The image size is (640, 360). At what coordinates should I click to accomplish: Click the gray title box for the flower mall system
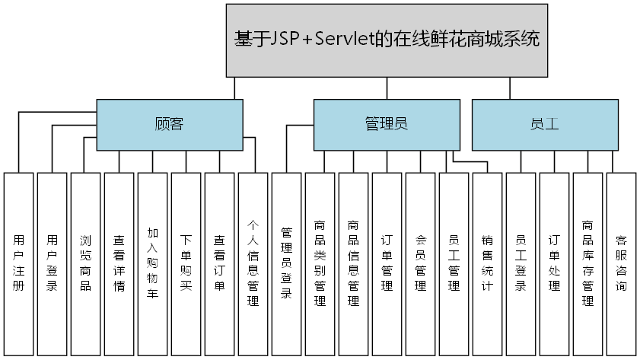tap(387, 40)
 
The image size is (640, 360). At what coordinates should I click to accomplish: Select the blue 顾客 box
tap(169, 124)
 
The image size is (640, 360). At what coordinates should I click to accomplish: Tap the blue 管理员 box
tap(387, 124)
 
